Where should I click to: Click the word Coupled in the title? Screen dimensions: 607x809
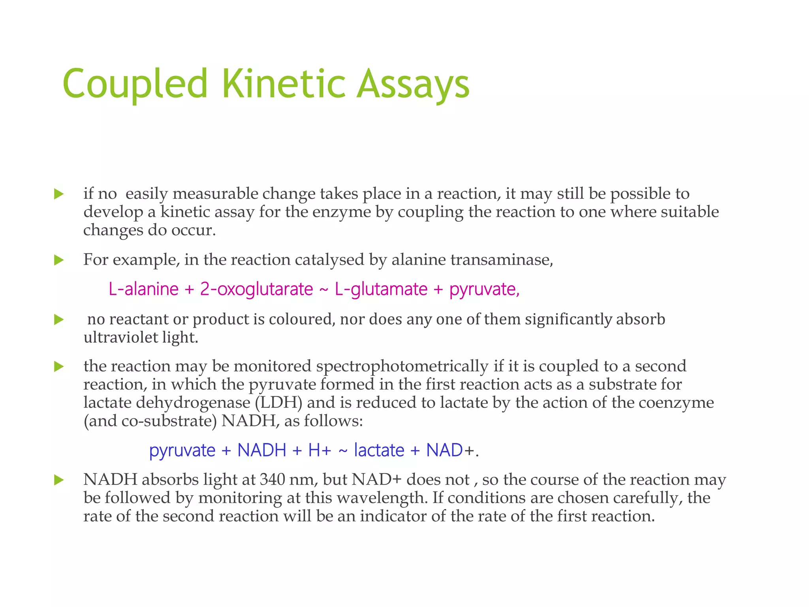(135, 84)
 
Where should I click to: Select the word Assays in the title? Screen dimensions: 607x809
(413, 84)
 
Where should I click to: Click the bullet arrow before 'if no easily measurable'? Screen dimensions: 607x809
(59, 194)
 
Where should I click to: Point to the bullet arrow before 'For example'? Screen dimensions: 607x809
(59, 260)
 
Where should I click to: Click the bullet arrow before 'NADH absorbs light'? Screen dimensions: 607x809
(59, 480)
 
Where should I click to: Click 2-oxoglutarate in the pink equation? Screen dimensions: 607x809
(256, 289)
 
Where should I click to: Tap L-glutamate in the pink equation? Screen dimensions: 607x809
(381, 289)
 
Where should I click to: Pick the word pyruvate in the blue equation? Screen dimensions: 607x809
(182, 451)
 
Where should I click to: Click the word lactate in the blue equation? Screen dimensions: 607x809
(379, 451)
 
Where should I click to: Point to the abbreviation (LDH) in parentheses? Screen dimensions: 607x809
(278, 403)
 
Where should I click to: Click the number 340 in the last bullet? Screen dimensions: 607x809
(273, 480)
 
